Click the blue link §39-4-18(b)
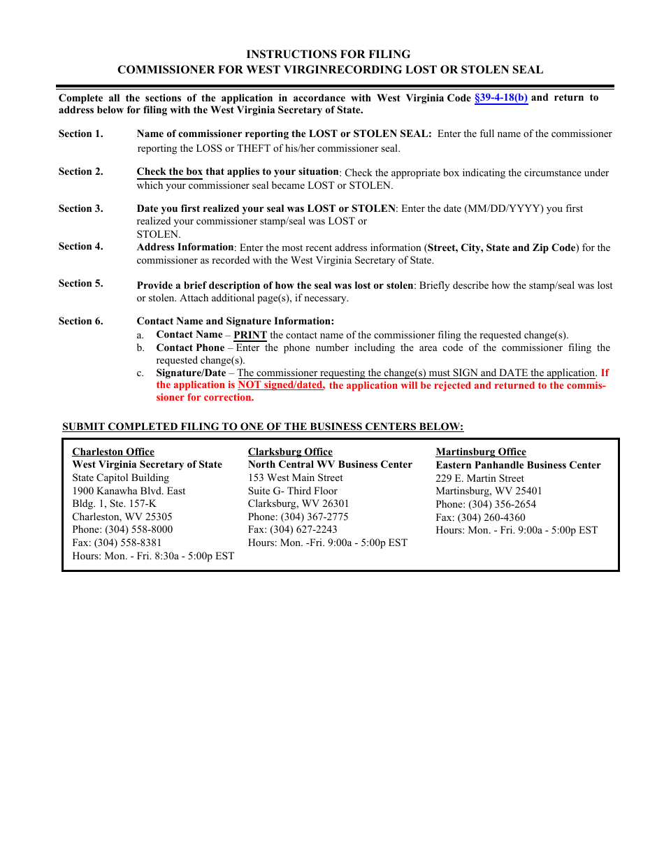[501, 98]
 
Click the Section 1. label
[80, 134]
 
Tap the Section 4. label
[80, 246]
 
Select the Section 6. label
[80, 321]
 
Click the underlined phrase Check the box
[170, 171]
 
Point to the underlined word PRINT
[250, 335]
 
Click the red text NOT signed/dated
[280, 385]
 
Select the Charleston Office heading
[113, 452]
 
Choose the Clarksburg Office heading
[290, 452]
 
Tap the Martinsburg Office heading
[481, 452]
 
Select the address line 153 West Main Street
[296, 478]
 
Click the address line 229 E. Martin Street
[479, 478]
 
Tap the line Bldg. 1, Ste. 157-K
[114, 503]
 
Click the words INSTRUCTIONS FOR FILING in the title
[328, 54]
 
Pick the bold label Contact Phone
[190, 347]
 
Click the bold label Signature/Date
[191, 373]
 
